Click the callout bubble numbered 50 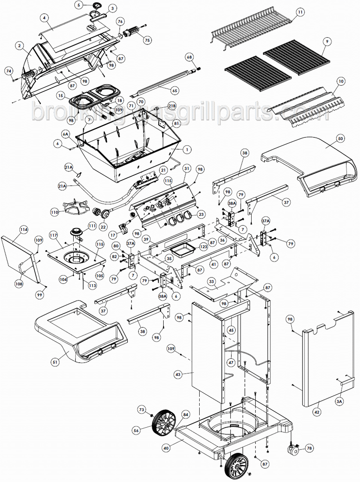pos(340,138)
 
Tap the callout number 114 pos(24,229)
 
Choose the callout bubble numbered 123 pos(204,248)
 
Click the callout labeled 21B pos(172,106)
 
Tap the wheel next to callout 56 pos(162,424)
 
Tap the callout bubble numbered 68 pos(189,57)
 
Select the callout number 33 pos(212,281)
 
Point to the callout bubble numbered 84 pos(185,414)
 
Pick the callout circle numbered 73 pos(141,410)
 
